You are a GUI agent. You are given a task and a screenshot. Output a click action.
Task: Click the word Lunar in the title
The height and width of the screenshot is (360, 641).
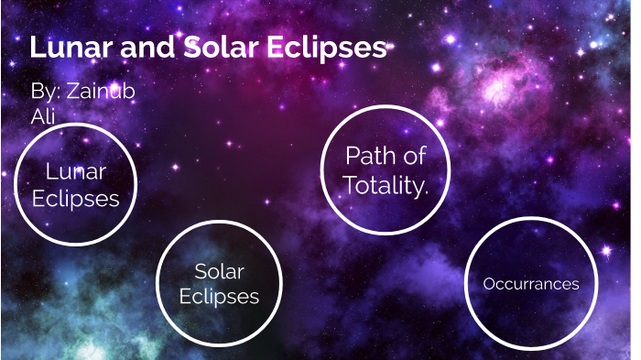click(69, 49)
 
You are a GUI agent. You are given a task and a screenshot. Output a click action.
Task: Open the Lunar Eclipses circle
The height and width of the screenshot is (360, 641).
click(75, 185)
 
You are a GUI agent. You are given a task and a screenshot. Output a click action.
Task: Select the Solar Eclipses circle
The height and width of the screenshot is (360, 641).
click(219, 283)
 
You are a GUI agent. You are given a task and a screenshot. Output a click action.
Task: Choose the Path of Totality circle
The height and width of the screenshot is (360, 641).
click(385, 169)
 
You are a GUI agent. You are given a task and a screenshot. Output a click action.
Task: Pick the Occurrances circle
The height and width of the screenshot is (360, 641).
click(530, 283)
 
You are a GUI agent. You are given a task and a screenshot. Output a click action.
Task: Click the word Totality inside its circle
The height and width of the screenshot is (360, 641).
click(386, 186)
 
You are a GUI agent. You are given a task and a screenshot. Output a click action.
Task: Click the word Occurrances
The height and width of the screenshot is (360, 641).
click(531, 284)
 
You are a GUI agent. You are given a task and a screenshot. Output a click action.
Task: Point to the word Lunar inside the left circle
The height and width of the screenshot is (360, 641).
click(75, 171)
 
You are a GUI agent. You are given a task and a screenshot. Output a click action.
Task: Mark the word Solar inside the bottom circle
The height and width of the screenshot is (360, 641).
click(219, 271)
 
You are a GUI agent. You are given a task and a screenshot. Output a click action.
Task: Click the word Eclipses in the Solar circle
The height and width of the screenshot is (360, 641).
click(219, 296)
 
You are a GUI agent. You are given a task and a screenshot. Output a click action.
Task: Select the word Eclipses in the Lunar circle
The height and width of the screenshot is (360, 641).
click(75, 198)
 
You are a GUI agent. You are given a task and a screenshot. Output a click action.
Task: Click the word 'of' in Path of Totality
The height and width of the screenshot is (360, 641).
click(414, 156)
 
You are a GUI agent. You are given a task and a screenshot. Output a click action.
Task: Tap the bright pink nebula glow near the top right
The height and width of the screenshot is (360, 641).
click(499, 87)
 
